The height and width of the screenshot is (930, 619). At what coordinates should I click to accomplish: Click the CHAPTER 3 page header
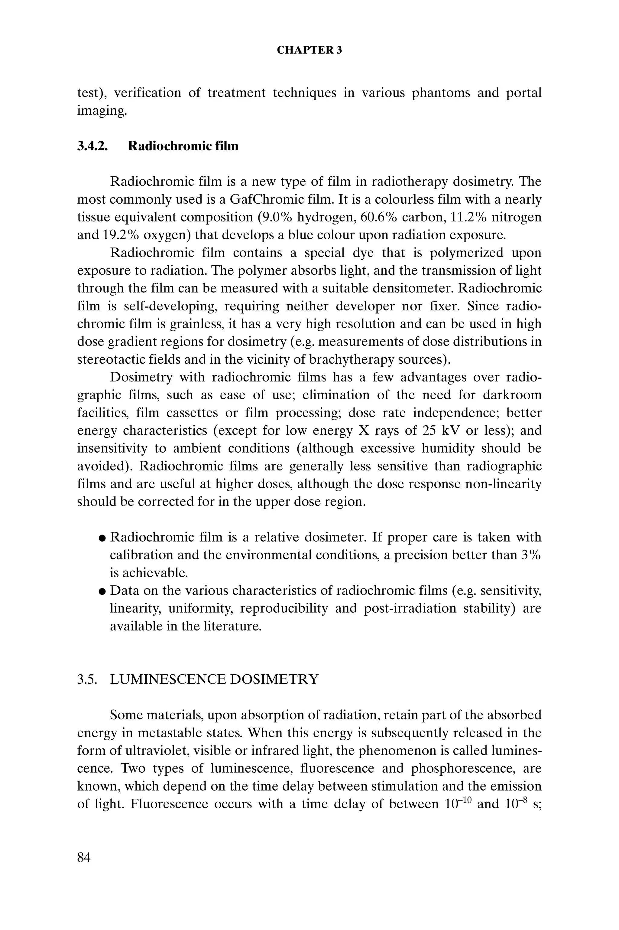[309, 50]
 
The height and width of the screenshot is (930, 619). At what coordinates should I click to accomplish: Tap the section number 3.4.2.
[92, 146]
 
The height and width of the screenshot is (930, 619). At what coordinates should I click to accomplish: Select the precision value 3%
[530, 555]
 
